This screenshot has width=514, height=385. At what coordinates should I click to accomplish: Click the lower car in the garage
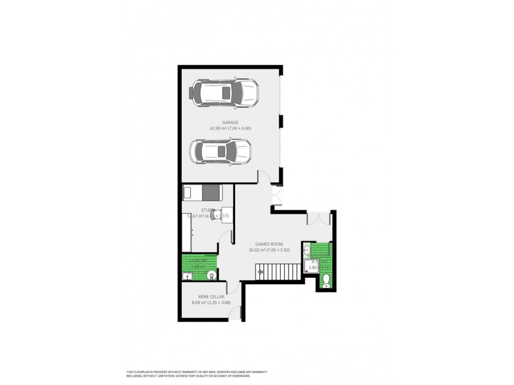tap(220, 153)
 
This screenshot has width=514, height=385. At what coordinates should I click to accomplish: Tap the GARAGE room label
tap(230, 122)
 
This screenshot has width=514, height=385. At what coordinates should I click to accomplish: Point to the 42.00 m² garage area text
tap(230, 128)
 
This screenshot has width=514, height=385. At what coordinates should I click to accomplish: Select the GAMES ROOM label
tap(269, 244)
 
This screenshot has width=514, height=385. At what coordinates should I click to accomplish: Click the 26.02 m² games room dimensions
tap(269, 250)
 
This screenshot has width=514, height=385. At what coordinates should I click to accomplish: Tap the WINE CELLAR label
tap(205, 296)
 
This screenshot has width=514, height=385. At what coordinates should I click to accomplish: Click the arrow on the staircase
tap(261, 272)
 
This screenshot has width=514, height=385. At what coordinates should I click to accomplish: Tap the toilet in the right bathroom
tap(326, 279)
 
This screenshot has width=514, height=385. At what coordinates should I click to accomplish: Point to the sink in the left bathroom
tap(187, 276)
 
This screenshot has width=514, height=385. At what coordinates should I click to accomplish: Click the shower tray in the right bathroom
tap(314, 265)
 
